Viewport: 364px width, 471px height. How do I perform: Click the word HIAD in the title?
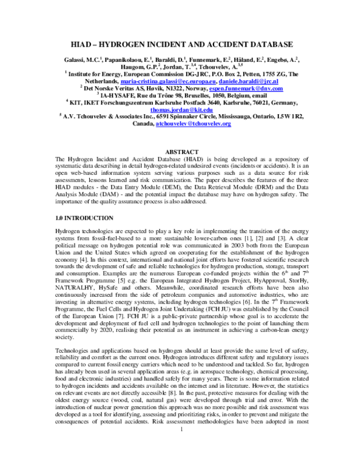[86, 45]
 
